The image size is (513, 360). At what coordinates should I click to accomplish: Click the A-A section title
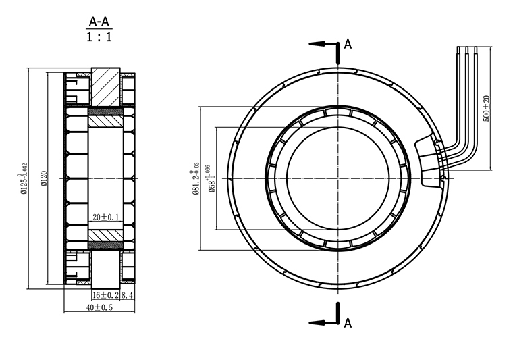pos(99,22)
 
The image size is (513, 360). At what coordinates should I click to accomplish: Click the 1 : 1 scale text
pos(99,37)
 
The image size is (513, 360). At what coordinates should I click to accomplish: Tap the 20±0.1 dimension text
pos(105,217)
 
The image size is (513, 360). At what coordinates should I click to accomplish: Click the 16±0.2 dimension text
pos(105,295)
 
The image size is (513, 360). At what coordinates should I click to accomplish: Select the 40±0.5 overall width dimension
pos(99,308)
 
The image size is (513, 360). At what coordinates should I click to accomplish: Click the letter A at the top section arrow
pos(348,45)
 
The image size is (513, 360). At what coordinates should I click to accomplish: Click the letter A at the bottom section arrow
pos(348,323)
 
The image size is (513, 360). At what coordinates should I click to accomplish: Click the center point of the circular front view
pos(336,178)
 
